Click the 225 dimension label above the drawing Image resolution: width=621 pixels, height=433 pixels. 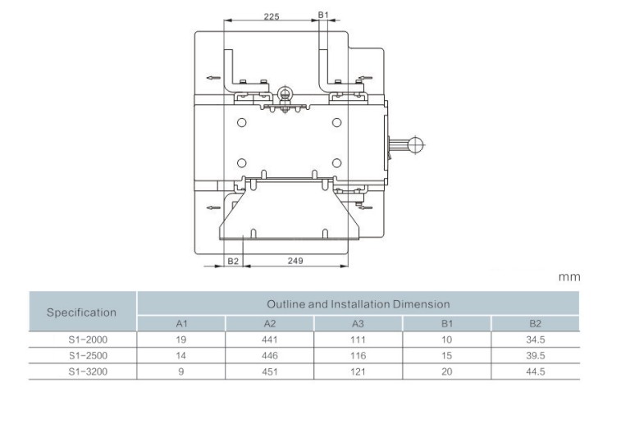click(272, 16)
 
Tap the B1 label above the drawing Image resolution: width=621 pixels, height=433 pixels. click(323, 15)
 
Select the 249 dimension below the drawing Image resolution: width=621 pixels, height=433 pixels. click(295, 261)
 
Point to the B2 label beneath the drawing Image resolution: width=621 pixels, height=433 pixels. click(233, 261)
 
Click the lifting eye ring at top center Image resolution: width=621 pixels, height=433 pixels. click(284, 93)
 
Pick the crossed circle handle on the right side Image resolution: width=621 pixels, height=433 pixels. click(415, 145)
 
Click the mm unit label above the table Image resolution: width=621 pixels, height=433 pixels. click(569, 276)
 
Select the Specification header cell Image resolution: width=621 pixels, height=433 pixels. click(81, 312)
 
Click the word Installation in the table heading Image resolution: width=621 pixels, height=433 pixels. click(360, 304)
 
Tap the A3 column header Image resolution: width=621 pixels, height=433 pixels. click(358, 324)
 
